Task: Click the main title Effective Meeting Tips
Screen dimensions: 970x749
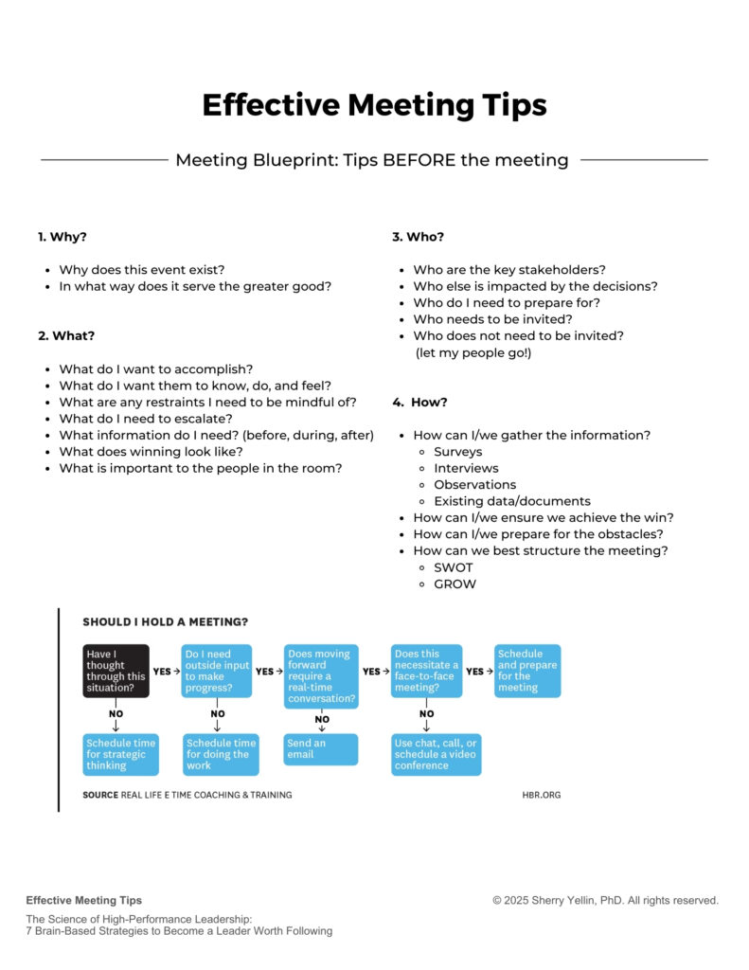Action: [374, 104]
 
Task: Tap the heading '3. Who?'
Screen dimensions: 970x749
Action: [418, 237]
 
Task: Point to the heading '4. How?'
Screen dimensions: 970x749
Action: [420, 403]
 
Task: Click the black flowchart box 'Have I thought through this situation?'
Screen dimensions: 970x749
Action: [116, 671]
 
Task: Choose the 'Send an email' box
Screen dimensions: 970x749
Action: [321, 748]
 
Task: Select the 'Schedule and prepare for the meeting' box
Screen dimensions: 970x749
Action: [527, 671]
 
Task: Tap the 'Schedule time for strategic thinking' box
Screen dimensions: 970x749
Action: [121, 754]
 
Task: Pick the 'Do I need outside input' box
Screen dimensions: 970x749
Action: [218, 671]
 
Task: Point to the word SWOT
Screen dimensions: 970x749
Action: [454, 567]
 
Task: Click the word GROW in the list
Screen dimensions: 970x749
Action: [455, 584]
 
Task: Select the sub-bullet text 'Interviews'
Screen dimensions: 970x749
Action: [466, 468]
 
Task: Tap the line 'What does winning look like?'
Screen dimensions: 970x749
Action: [152, 452]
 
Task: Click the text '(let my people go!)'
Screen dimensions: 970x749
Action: [473, 352]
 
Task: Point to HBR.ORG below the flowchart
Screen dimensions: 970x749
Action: [541, 795]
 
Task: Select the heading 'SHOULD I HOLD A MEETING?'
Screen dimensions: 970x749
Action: [166, 622]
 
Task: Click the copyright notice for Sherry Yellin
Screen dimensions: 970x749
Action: [605, 901]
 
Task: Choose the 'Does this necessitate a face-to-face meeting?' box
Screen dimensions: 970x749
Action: [427, 671]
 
